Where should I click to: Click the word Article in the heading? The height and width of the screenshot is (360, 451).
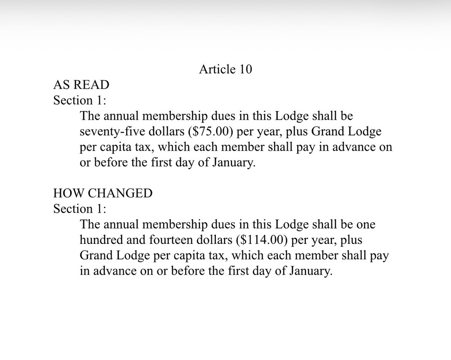click(217, 69)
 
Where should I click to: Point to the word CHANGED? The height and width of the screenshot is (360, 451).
click(120, 193)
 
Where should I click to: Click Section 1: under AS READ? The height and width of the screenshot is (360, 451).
click(80, 100)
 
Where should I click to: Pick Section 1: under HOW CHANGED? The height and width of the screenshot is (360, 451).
click(80, 209)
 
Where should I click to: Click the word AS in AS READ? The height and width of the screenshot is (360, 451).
click(61, 85)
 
